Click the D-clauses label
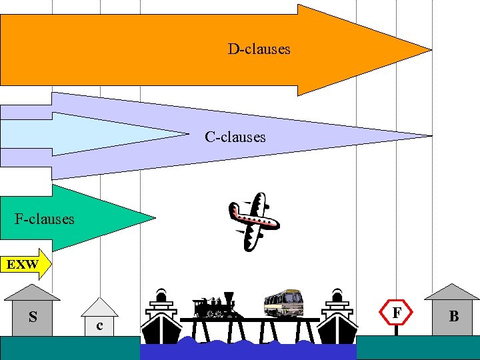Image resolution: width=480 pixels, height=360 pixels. (x=259, y=49)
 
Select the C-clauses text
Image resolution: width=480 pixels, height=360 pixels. (x=235, y=137)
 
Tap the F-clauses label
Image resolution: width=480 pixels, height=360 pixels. (x=45, y=218)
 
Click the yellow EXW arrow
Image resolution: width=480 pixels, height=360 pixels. (x=25, y=264)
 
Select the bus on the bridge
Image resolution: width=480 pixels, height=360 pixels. (x=283, y=303)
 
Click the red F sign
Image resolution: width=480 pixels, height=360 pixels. (x=397, y=311)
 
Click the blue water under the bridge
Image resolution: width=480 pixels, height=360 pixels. (x=247, y=350)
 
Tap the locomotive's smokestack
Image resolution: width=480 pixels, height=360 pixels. (x=229, y=297)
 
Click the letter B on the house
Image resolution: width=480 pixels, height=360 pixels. (x=454, y=317)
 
